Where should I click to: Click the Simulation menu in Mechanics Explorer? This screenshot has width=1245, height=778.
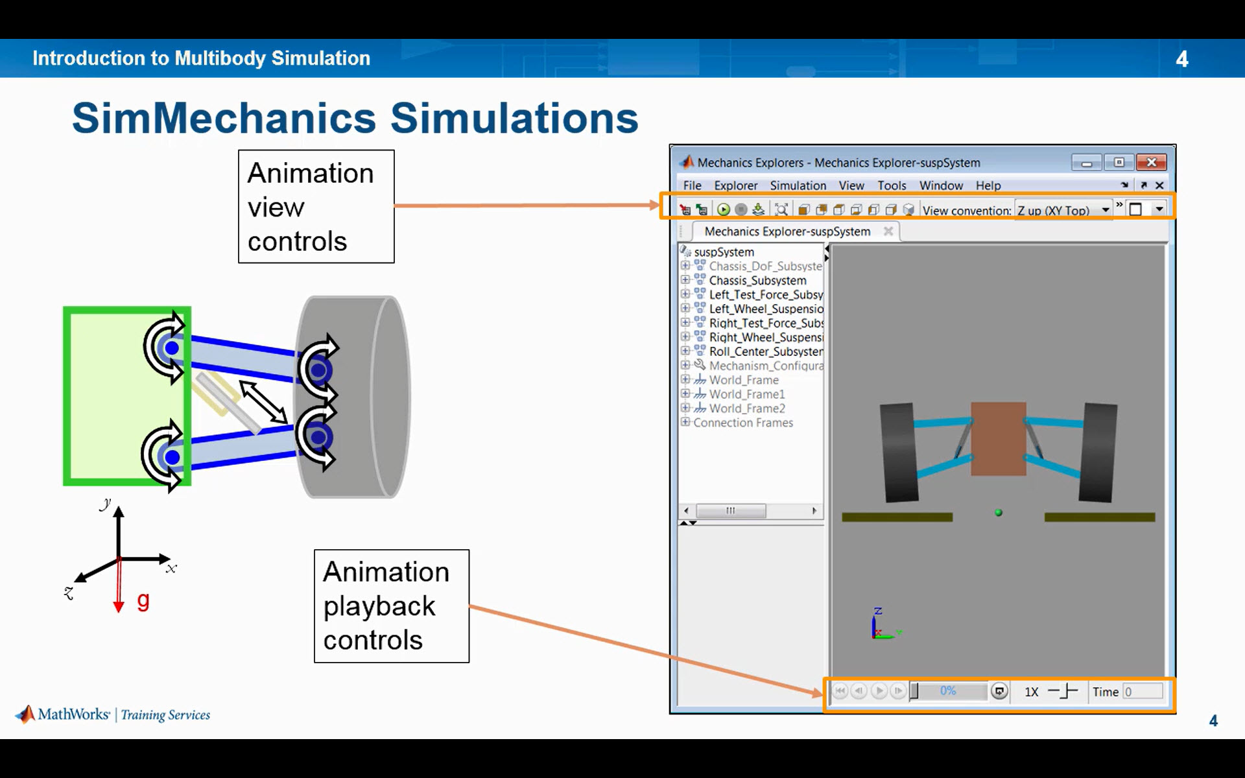798,185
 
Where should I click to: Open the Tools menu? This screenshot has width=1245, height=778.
892,185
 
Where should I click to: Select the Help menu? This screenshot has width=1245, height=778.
988,185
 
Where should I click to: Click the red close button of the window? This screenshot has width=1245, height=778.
1152,162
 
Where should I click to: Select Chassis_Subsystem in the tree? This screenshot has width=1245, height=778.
757,281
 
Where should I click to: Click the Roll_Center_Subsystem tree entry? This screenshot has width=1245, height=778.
766,351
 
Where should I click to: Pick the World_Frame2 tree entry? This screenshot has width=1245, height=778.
747,408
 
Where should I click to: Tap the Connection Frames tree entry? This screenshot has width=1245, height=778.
743,423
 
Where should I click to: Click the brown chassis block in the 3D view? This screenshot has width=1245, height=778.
998,438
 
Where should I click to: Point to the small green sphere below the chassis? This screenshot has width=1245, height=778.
999,513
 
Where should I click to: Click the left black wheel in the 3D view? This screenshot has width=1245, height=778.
899,453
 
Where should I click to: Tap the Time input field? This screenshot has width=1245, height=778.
1143,692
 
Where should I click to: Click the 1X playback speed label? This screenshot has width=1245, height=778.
1031,692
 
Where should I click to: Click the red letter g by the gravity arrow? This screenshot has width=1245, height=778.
143,601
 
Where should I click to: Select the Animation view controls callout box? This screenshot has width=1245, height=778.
316,207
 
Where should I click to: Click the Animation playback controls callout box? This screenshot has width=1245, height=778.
391,606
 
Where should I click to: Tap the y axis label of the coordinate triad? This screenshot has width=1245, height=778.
106,504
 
